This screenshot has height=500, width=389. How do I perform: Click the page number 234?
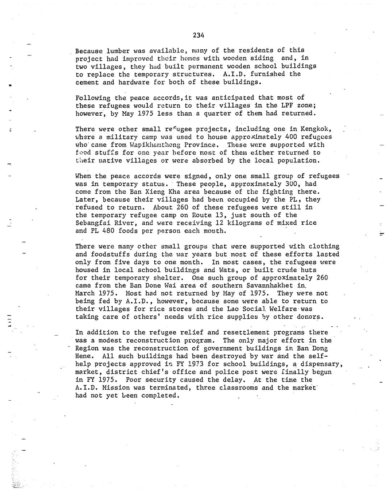pyautogui.click(x=198, y=35)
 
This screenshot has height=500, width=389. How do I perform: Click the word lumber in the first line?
pyautogui.click(x=118, y=50)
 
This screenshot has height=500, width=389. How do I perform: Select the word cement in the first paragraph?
pyautogui.click(x=87, y=82)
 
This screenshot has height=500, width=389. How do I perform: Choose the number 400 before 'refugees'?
pyautogui.click(x=270, y=137)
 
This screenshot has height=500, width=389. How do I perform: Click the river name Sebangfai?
pyautogui.click(x=91, y=223)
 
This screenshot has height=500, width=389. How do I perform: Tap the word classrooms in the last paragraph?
pyautogui.click(x=239, y=388)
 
